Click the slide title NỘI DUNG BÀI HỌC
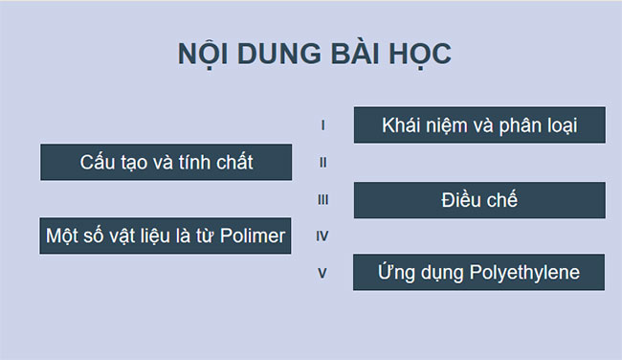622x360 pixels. tap(315, 54)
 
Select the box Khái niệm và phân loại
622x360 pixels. tap(479, 125)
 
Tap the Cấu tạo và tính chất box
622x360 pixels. tap(167, 162)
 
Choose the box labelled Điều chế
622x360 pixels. tap(479, 200)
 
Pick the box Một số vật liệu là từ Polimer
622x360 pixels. tap(167, 236)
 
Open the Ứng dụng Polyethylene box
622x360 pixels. tap(479, 272)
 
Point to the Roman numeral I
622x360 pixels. tap(323, 125)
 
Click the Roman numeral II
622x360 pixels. tap(323, 163)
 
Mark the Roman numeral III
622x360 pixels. tap(323, 200)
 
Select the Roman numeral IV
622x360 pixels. tap(323, 236)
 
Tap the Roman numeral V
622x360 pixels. tap(323, 273)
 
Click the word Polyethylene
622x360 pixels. tap(524, 273)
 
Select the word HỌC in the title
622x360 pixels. tap(417, 54)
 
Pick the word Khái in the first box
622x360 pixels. tap(399, 125)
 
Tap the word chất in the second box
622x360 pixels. tap(233, 162)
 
